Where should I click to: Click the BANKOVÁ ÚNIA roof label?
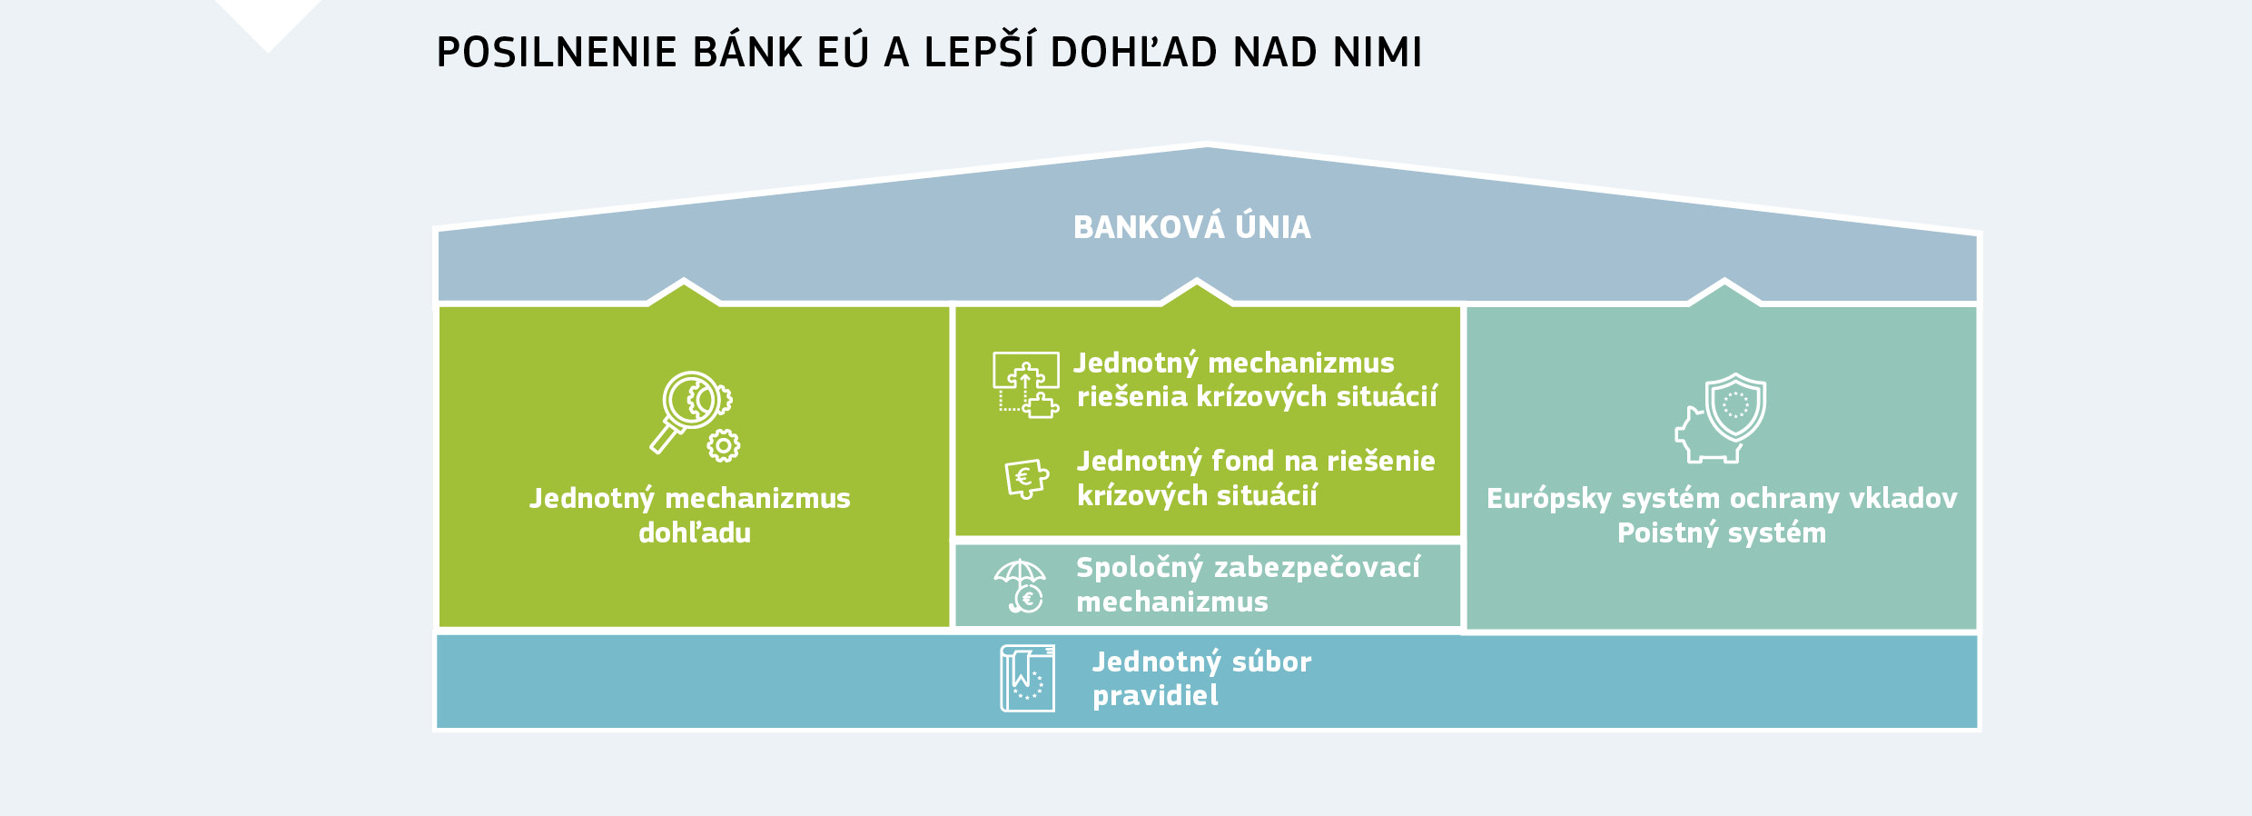click(1191, 227)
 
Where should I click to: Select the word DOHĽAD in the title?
click(1133, 53)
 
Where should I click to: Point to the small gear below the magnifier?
click(724, 445)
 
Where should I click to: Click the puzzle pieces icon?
click(1026, 384)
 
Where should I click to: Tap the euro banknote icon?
click(1026, 478)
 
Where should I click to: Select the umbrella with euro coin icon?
click(1021, 585)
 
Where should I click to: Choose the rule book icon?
click(1028, 678)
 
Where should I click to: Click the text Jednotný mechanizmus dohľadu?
click(690, 515)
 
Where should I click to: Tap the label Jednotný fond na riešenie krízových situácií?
click(1255, 478)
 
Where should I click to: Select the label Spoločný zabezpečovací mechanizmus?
click(1247, 584)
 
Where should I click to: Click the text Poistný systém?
click(1721, 532)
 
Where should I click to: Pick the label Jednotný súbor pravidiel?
click(1200, 678)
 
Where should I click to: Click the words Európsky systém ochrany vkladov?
click(1721, 498)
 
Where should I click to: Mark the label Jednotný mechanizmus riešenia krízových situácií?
click(1255, 380)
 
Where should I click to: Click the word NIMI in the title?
click(1377, 53)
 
